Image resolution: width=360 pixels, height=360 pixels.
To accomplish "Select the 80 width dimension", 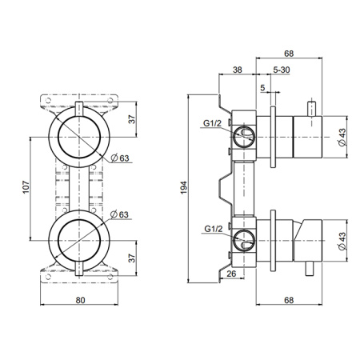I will [79, 302].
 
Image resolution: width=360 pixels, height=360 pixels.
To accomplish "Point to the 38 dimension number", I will [237, 69].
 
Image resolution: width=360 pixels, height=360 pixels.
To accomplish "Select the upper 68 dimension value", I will [289, 54].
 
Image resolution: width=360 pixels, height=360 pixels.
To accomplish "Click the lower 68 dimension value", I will [289, 302].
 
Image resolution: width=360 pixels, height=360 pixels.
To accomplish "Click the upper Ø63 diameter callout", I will [121, 158].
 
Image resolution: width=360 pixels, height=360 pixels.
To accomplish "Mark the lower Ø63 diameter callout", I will [121, 214].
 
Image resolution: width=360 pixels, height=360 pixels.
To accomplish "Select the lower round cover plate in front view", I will [79, 241].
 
